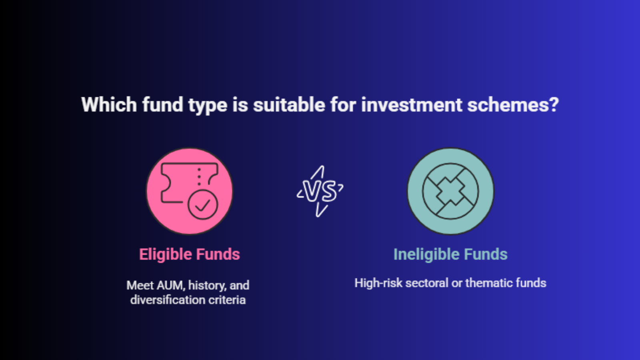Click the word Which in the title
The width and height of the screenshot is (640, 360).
[109, 104]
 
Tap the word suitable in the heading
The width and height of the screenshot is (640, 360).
[289, 104]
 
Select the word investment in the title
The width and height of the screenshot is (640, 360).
[412, 104]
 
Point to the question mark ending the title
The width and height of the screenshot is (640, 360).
[554, 104]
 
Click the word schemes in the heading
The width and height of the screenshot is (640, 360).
[508, 104]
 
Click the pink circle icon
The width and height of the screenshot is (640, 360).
[190, 191]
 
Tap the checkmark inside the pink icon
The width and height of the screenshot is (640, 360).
[202, 204]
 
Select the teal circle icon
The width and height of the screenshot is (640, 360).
[450, 191]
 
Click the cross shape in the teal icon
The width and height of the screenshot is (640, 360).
[450, 191]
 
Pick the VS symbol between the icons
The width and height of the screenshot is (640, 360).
[320, 191]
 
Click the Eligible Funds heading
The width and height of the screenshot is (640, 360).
[190, 254]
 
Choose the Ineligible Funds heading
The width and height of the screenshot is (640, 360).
[450, 254]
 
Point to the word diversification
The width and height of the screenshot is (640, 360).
[168, 300]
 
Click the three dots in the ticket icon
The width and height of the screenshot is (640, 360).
[199, 177]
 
